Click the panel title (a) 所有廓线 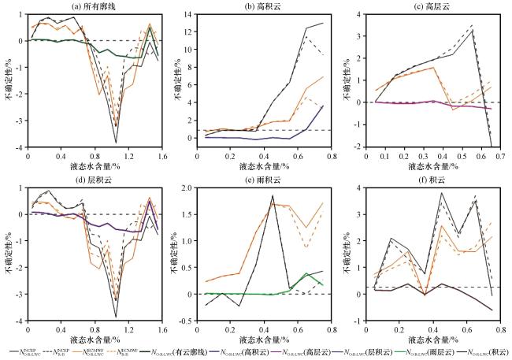click(x=95, y=6)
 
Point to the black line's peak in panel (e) click(x=273, y=195)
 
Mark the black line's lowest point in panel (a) click(x=117, y=142)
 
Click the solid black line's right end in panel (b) click(x=323, y=24)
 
